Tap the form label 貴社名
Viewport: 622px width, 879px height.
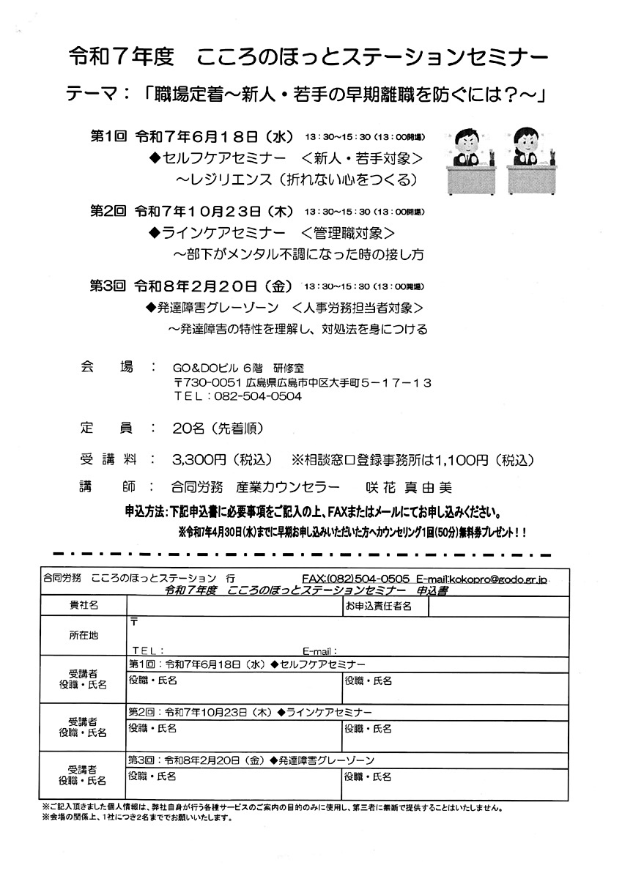[84, 605]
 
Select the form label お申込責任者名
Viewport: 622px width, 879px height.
[378, 606]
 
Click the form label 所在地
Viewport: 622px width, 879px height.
[84, 635]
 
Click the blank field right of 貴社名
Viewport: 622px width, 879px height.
[234, 605]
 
